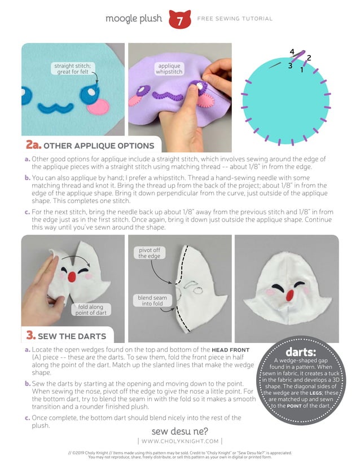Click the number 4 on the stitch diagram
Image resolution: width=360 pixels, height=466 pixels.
pyautogui.click(x=292, y=52)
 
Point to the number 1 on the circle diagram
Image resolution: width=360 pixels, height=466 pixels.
pyautogui.click(x=302, y=70)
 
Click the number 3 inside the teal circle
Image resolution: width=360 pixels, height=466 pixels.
pyautogui.click(x=290, y=65)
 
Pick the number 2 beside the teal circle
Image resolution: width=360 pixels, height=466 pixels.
pyautogui.click(x=309, y=58)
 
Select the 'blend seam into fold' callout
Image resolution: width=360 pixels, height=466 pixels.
pyautogui.click(x=151, y=301)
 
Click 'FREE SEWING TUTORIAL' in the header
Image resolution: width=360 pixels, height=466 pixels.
pyautogui.click(x=235, y=19)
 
